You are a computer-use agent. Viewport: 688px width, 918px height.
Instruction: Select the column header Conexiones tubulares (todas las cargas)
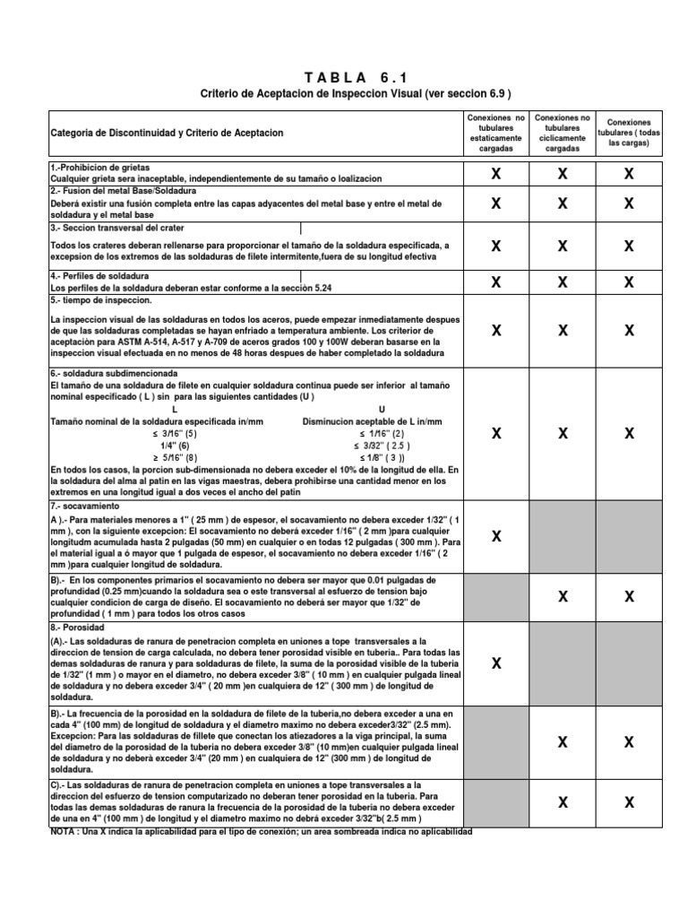click(629, 133)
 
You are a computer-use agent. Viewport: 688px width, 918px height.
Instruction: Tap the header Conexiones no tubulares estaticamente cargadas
click(495, 133)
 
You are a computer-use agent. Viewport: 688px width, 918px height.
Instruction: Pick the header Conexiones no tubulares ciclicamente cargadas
click(562, 133)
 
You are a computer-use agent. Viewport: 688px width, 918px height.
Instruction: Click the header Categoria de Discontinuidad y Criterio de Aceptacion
click(168, 133)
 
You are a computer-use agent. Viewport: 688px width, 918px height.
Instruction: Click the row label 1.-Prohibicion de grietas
click(100, 168)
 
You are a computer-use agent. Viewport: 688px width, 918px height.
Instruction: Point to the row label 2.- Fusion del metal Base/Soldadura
click(123, 192)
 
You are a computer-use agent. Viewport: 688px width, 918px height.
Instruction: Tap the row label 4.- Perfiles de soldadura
click(99, 275)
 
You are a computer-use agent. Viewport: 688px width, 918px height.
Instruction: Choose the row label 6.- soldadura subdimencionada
click(115, 373)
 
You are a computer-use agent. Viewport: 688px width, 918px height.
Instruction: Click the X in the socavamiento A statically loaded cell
click(495, 536)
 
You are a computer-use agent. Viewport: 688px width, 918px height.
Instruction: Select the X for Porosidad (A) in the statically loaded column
click(495, 663)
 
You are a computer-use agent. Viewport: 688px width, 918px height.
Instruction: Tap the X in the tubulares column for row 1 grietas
click(629, 174)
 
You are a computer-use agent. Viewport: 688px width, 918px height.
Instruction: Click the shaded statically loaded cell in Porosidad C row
click(495, 802)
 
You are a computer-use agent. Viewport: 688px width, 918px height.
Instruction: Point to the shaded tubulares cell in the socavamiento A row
click(629, 536)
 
